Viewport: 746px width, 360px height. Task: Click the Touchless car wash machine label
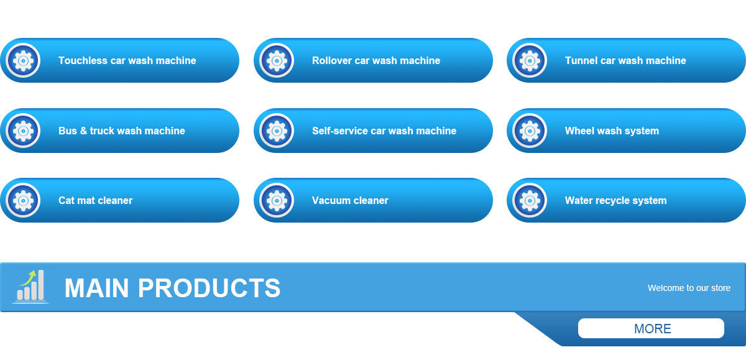point(127,61)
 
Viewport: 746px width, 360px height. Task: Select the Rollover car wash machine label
point(375,61)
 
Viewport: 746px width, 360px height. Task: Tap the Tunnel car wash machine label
point(625,61)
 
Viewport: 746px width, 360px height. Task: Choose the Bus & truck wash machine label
point(121,131)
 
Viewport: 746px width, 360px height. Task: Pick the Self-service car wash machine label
point(384,131)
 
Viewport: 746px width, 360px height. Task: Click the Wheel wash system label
point(612,131)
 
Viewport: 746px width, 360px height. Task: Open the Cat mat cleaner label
point(95,201)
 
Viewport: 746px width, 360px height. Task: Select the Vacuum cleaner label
point(350,201)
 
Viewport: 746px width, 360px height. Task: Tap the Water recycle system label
point(615,201)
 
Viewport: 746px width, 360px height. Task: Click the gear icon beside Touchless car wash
point(23,60)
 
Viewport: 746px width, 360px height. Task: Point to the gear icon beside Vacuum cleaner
point(277,200)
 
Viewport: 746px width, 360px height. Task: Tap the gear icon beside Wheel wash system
point(530,131)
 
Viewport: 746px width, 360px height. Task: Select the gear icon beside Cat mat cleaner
point(23,200)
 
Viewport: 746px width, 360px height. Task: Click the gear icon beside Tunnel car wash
point(530,60)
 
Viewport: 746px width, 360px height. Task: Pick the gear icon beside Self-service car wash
point(277,131)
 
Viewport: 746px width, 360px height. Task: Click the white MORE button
point(651,328)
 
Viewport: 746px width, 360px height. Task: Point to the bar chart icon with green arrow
point(30,287)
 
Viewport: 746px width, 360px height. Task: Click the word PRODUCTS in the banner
point(209,288)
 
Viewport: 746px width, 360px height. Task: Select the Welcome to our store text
point(689,288)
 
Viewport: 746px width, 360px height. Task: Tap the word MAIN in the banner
point(96,288)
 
